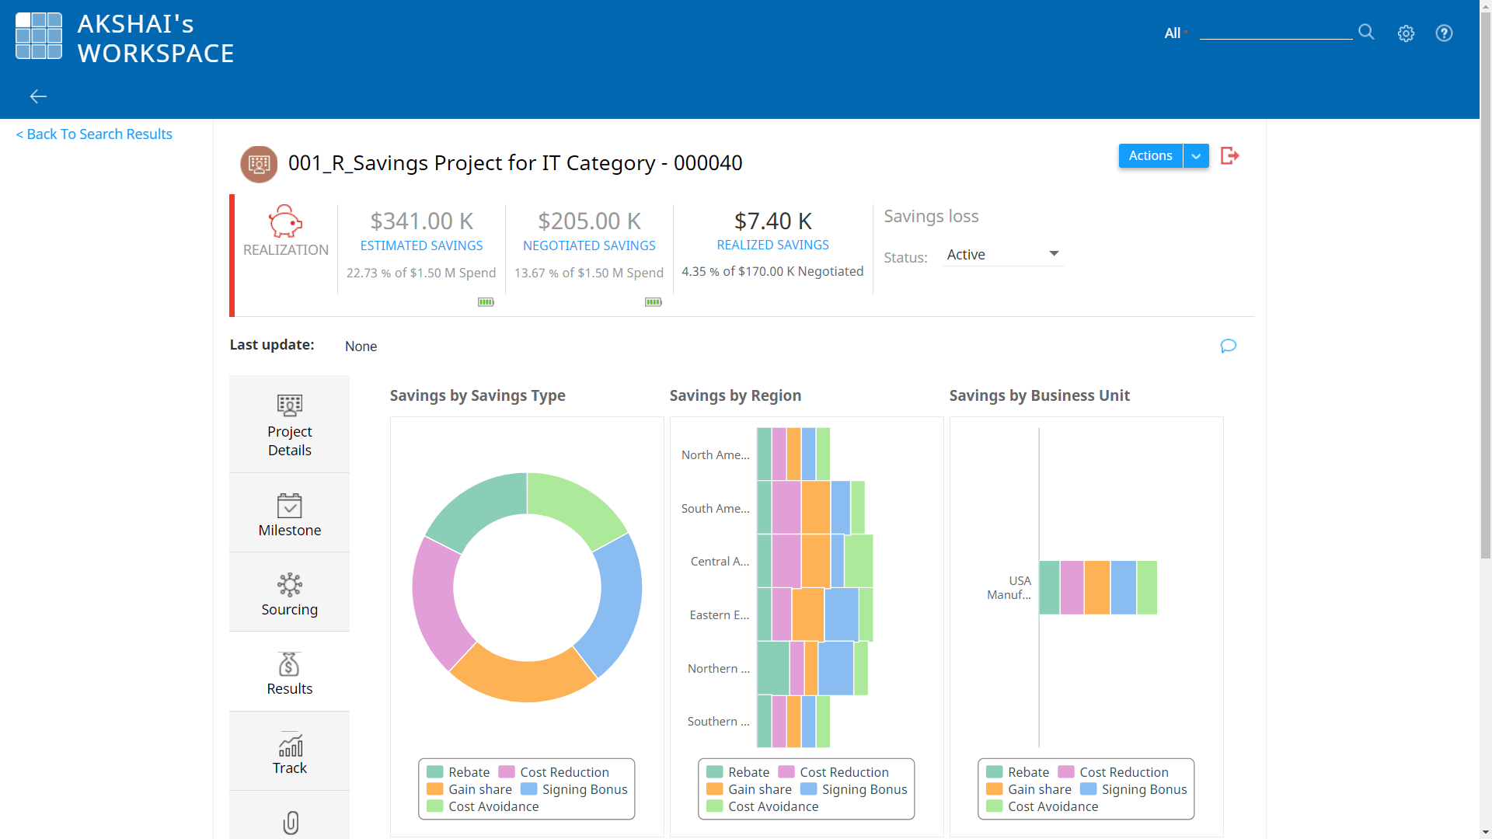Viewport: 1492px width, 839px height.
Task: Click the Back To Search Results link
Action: pos(94,134)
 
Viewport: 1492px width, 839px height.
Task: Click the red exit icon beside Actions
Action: pos(1229,156)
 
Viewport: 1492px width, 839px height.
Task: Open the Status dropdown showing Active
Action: pos(1002,255)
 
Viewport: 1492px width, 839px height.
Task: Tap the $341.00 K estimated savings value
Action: pos(421,221)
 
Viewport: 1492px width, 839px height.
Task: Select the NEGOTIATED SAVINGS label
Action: pos(589,245)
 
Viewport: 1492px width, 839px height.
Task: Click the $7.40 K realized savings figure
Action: pos(772,221)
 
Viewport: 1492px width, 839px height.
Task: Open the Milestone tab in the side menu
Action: pos(289,514)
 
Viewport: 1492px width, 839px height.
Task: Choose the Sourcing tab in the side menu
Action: pos(289,594)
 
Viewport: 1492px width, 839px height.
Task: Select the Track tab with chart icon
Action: pos(289,753)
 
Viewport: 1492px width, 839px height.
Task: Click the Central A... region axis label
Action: pos(720,562)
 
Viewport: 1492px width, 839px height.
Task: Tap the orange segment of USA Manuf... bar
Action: pos(1096,588)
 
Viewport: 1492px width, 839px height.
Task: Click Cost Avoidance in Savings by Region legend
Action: pos(772,806)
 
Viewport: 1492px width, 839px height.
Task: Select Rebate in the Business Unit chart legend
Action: pos(1027,772)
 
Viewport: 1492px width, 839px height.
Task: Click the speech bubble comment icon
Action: pos(1228,346)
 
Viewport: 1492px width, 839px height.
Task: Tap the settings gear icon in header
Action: pos(1406,33)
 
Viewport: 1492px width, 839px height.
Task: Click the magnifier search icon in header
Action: pos(1366,32)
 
